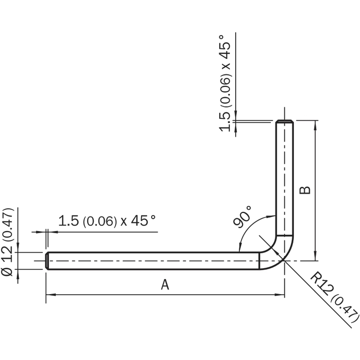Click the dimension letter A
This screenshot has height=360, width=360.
[165, 285]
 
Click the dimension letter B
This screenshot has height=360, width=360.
[305, 190]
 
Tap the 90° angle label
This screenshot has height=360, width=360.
[242, 216]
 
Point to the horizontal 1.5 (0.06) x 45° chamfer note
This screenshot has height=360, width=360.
[107, 221]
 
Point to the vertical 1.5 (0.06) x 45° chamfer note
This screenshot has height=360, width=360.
[225, 83]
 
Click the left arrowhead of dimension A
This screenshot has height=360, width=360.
[50, 295]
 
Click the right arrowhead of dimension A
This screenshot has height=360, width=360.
[280, 295]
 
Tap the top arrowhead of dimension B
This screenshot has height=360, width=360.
[315, 125]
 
